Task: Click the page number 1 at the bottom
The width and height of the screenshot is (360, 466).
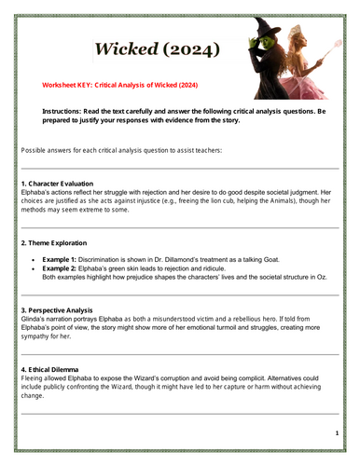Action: point(336,434)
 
